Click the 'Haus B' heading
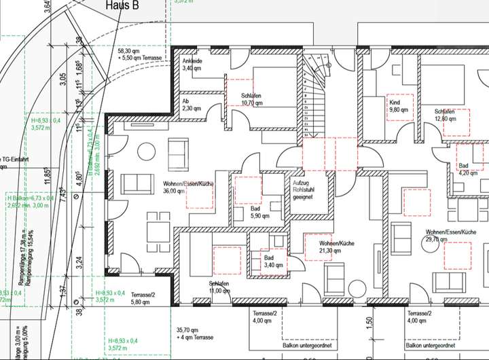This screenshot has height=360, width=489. coord(123,5)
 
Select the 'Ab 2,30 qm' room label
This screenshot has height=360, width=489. coord(190,105)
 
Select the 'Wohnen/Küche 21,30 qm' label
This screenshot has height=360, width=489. coord(336,247)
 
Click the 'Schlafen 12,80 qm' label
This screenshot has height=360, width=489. coord(446,115)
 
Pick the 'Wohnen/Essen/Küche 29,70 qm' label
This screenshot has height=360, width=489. coord(451,235)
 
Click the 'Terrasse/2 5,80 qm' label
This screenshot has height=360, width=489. coord(144,298)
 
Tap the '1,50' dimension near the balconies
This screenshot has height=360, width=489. coord(370,321)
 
